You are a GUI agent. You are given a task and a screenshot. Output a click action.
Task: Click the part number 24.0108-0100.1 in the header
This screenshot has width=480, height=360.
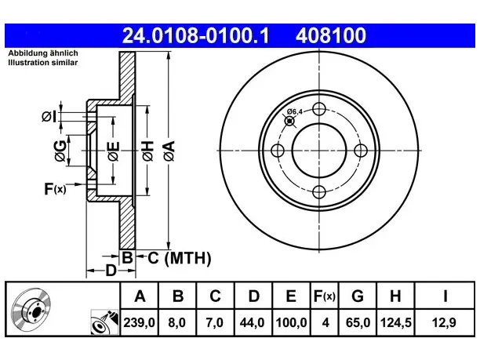pyautogui.click(x=195, y=35)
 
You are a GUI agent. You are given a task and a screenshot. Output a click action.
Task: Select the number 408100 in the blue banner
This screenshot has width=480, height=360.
pyautogui.click(x=331, y=35)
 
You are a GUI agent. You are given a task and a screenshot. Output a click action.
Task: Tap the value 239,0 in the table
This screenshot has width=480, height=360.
pyautogui.click(x=140, y=322)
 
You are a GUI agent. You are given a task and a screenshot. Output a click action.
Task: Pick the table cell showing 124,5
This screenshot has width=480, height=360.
pyautogui.click(x=395, y=322)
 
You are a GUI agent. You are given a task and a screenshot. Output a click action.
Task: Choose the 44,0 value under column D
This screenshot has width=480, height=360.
pyautogui.click(x=252, y=322)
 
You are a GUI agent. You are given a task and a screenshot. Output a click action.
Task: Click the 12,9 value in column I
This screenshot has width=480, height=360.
pyautogui.click(x=444, y=322)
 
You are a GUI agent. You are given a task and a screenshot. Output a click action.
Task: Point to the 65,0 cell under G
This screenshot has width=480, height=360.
pyautogui.click(x=358, y=322)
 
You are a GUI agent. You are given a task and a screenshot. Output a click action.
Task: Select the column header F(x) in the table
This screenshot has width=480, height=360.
pyautogui.click(x=325, y=296)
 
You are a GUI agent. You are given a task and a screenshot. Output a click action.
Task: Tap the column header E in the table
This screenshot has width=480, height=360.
pyautogui.click(x=290, y=296)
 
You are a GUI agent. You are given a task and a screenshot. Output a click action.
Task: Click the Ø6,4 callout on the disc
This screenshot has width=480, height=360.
pyautogui.click(x=294, y=111)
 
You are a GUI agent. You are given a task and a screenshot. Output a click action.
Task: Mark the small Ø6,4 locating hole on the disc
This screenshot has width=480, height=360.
pyautogui.click(x=289, y=122)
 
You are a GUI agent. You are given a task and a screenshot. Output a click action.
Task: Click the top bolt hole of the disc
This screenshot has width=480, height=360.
pyautogui.click(x=319, y=109)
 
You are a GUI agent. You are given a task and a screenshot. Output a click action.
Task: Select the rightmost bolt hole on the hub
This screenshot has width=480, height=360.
pyautogui.click(x=361, y=151)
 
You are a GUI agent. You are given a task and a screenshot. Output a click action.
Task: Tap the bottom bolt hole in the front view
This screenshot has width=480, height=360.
pyautogui.click(x=319, y=192)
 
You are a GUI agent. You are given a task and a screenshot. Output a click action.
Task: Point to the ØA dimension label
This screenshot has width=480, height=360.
pyautogui.click(x=169, y=151)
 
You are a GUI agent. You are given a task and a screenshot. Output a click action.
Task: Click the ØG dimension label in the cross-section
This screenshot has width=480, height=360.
pyautogui.click(x=60, y=151)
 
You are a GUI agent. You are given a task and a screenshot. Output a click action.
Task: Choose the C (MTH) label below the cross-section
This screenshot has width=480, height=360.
pyautogui.click(x=180, y=258)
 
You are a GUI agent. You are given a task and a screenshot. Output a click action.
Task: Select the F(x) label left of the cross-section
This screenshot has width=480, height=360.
pyautogui.click(x=55, y=189)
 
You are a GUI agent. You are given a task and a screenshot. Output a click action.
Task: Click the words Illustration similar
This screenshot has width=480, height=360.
pyautogui.click(x=43, y=63)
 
